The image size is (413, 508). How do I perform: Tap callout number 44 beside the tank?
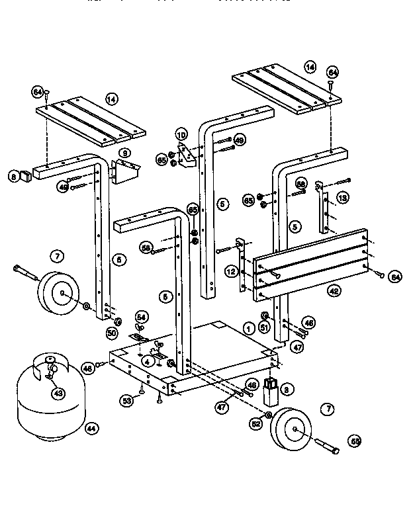click(x=91, y=429)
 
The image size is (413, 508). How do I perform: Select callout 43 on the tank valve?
click(x=58, y=393)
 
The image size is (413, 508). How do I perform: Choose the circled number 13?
click(x=342, y=198)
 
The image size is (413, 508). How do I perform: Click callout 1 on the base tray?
click(x=249, y=327)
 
